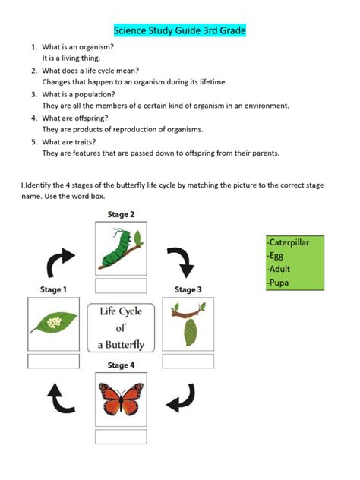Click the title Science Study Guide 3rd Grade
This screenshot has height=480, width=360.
(x=180, y=31)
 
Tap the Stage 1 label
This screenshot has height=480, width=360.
(x=53, y=289)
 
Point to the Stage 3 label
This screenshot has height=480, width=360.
(x=188, y=289)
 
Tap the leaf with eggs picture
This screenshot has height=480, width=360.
(x=53, y=324)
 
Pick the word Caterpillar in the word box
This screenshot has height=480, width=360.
(x=293, y=243)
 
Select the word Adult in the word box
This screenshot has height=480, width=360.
(x=279, y=270)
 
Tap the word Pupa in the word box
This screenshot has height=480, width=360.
(x=278, y=283)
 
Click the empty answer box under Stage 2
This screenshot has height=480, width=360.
(x=120, y=286)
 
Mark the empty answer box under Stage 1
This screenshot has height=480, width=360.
(x=53, y=361)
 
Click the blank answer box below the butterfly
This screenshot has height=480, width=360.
(x=120, y=437)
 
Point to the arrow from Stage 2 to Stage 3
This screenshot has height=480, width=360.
(x=180, y=261)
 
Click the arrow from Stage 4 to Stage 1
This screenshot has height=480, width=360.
(x=58, y=396)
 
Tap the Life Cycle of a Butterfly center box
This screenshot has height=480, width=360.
(x=121, y=327)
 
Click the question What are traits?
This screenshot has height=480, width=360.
(x=68, y=141)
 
